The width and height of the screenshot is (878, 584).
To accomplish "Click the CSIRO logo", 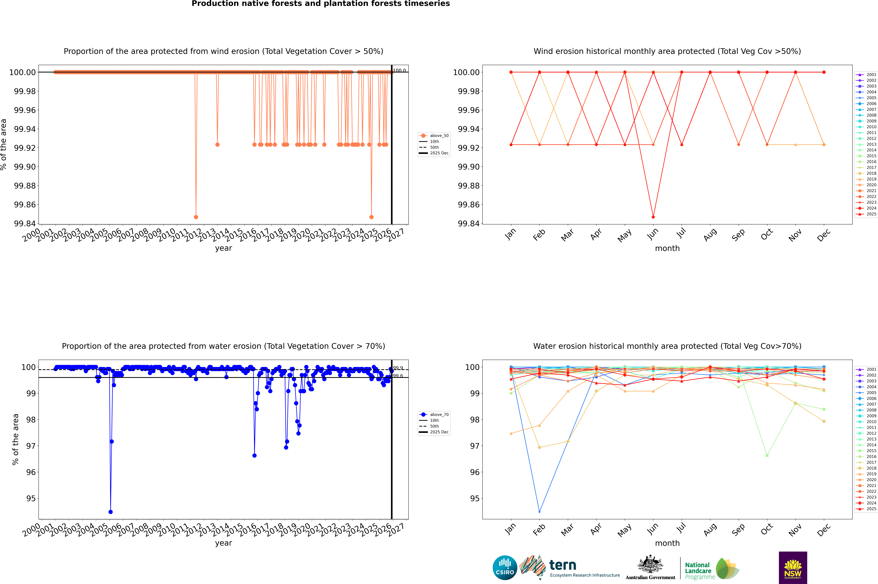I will (x=505, y=568).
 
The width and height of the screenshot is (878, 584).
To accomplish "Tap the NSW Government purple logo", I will (x=793, y=568).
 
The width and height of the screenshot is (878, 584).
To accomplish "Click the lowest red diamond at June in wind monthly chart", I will (x=653, y=217).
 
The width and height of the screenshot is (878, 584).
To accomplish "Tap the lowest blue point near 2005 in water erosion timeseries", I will (x=111, y=512).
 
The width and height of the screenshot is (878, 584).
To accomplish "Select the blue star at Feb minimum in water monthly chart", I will (x=539, y=512).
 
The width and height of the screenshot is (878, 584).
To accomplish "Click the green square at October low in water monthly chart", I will (x=767, y=455).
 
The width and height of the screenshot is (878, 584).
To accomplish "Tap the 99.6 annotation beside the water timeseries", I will (x=398, y=376).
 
